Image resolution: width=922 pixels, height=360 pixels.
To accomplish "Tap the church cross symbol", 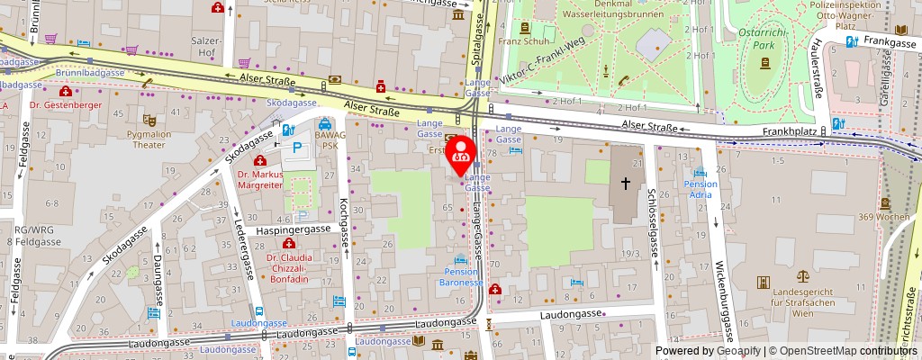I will (626, 183).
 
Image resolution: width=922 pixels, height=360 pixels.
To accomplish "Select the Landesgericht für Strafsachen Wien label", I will (801, 298).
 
